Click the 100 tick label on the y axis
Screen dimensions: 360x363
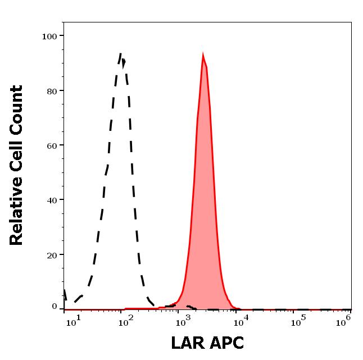(x=50, y=36)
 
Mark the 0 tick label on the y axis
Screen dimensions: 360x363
(x=55, y=307)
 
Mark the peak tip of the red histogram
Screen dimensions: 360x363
(x=203, y=54)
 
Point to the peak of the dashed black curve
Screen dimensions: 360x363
(x=121, y=53)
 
